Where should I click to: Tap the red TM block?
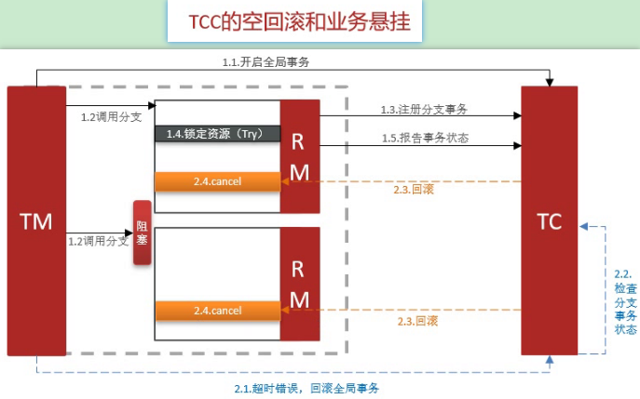click(x=36, y=220)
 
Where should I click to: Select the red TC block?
click(x=549, y=220)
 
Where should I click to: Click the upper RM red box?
click(x=299, y=156)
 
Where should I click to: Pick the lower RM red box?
click(x=299, y=284)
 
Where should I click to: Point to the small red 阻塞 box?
click(x=142, y=233)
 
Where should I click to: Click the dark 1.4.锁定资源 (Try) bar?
click(x=217, y=134)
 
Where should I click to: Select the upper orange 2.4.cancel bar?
click(x=217, y=180)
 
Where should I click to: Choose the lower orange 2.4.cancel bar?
click(x=217, y=309)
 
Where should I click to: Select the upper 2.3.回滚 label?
click(x=415, y=191)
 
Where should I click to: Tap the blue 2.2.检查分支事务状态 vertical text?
click(x=624, y=303)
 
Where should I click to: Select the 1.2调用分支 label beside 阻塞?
click(x=97, y=242)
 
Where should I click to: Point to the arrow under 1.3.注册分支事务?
click(x=419, y=117)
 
